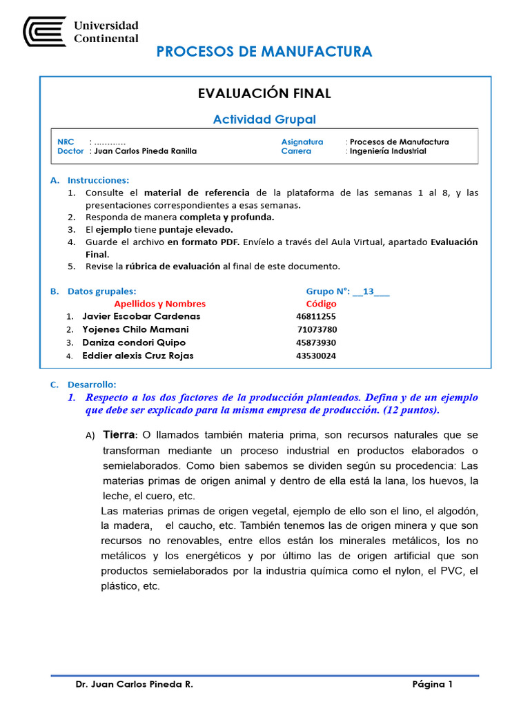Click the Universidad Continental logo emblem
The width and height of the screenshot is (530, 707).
[45, 32]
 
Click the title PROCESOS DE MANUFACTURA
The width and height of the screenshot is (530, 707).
[264, 52]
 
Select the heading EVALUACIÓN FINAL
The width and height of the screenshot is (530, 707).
[264, 93]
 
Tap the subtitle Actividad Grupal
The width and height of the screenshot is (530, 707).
[264, 119]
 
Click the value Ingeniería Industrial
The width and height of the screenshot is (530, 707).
[388, 151]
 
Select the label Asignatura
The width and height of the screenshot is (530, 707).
[302, 142]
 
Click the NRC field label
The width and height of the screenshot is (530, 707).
[66, 142]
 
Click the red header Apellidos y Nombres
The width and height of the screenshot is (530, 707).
[159, 304]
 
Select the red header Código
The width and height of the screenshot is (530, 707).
[321, 304]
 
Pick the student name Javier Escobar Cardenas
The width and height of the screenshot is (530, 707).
[141, 316]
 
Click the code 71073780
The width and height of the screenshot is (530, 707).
[317, 329]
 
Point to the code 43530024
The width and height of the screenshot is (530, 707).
[316, 356]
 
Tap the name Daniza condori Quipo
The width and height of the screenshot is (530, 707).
[134, 342]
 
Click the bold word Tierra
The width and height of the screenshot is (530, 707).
[120, 435]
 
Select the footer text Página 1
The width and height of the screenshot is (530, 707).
[432, 684]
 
